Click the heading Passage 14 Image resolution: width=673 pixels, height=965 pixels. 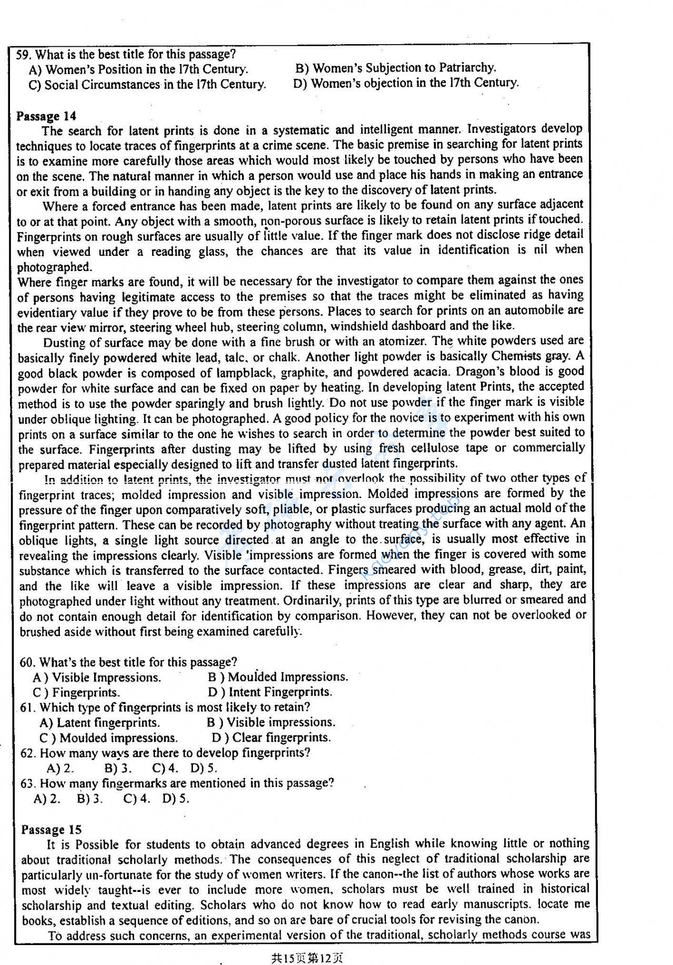click(46, 116)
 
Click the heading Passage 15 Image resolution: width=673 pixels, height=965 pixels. click(52, 829)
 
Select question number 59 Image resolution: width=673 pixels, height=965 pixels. click(24, 54)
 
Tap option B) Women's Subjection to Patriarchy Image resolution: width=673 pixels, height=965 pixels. click(395, 68)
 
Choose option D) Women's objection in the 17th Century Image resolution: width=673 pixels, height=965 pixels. click(406, 83)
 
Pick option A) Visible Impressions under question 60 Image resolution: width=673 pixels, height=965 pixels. click(97, 678)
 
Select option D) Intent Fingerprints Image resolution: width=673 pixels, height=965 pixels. click(270, 692)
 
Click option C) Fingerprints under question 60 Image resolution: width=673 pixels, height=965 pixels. click(76, 693)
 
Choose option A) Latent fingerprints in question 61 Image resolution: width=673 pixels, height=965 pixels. click(99, 723)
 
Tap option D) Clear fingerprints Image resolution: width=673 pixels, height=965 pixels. click(271, 738)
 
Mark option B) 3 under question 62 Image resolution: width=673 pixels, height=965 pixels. click(118, 768)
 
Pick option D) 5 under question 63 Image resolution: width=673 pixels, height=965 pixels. click(176, 799)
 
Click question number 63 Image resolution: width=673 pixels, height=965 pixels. click(27, 783)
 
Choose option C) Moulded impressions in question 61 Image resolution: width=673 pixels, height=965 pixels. click(108, 738)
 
